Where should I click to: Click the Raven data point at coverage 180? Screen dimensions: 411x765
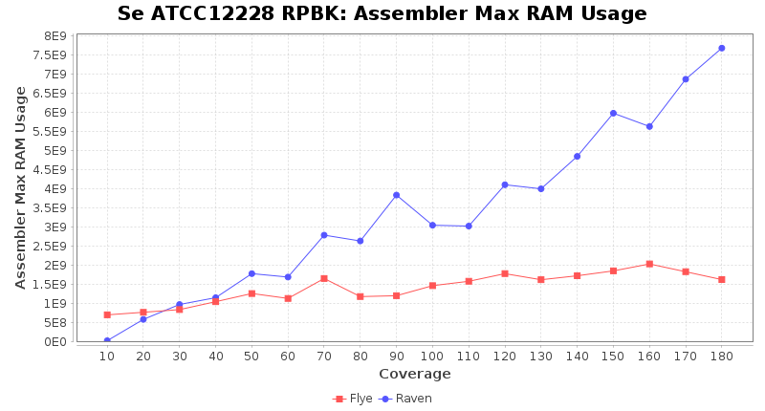(721, 48)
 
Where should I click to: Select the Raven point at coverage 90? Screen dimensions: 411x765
(396, 195)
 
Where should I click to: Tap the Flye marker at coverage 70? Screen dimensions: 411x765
(323, 278)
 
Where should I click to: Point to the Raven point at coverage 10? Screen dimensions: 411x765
(107, 341)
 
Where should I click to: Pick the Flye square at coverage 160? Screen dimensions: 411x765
(649, 264)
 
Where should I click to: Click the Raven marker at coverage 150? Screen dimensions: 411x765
(613, 113)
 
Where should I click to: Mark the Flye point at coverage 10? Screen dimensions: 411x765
(107, 314)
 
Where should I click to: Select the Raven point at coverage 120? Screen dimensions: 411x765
(504, 184)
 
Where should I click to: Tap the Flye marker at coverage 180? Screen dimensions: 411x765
(721, 279)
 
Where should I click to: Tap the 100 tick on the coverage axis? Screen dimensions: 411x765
(432, 356)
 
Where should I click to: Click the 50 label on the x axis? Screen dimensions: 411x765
(251, 356)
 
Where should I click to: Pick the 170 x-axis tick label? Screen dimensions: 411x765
(685, 356)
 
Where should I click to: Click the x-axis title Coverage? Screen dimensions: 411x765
(414, 374)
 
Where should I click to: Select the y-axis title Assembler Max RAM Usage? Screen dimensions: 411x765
(21, 187)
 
